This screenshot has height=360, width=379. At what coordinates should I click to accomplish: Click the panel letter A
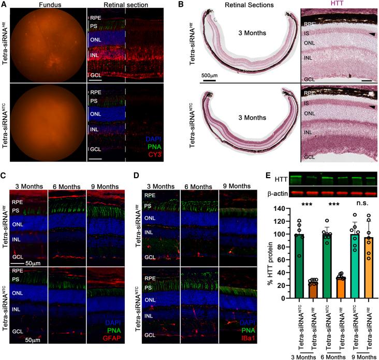[4, 5]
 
